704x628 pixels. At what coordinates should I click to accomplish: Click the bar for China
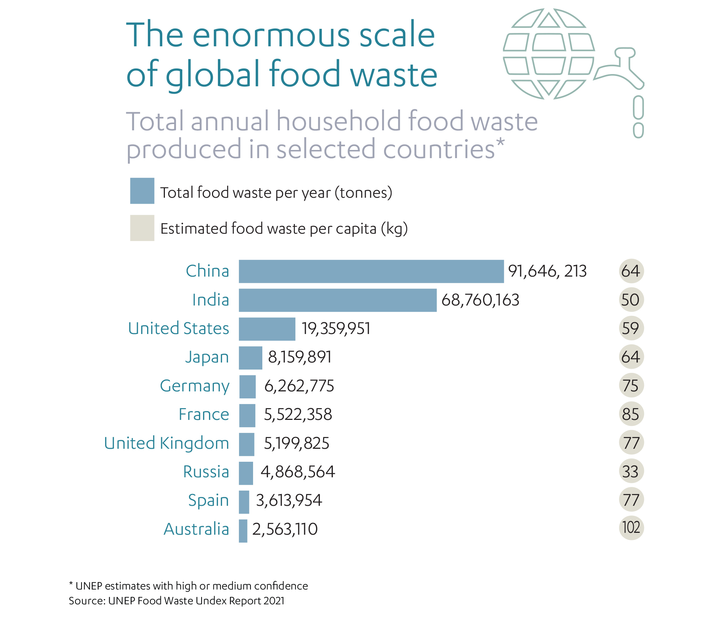pyautogui.click(x=371, y=271)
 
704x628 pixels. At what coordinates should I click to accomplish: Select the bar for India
pyautogui.click(x=338, y=300)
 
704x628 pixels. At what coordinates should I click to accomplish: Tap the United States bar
pyautogui.click(x=267, y=329)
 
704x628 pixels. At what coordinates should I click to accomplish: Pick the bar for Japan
pyautogui.click(x=250, y=358)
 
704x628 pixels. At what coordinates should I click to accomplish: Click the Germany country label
pyautogui.click(x=195, y=386)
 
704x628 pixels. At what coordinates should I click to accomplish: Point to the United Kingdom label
pyautogui.click(x=167, y=443)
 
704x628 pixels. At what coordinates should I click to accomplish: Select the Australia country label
pyautogui.click(x=196, y=529)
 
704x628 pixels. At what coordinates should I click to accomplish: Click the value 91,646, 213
pyautogui.click(x=547, y=271)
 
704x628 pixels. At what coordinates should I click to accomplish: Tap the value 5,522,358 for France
pyautogui.click(x=298, y=415)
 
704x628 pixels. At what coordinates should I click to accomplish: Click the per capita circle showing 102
pyautogui.click(x=631, y=528)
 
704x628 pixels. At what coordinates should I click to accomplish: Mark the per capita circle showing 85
pyautogui.click(x=631, y=414)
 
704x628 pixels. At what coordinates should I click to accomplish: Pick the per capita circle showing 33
pyautogui.click(x=631, y=471)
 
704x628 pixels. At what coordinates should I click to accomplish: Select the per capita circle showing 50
pyautogui.click(x=631, y=300)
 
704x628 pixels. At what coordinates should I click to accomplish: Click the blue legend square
pyautogui.click(x=142, y=191)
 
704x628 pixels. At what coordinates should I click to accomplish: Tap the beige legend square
pyautogui.click(x=142, y=228)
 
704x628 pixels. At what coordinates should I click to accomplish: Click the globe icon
pyautogui.click(x=548, y=54)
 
